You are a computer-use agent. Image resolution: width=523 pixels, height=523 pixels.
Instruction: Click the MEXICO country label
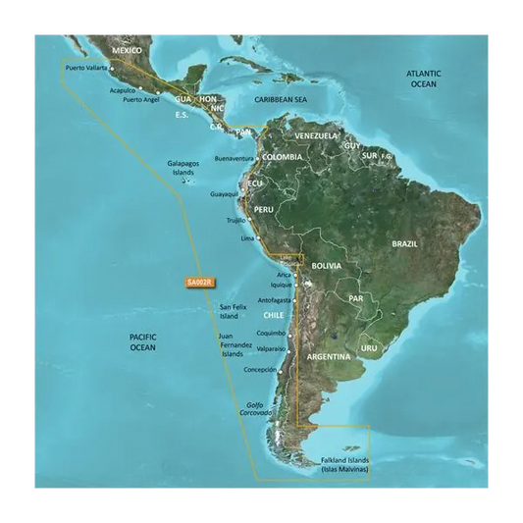[128, 50]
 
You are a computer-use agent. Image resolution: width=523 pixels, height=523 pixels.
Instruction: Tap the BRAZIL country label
[405, 243]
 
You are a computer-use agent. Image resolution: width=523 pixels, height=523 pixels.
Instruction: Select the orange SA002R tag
[199, 284]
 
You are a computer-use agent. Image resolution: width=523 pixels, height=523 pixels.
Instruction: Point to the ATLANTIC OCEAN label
[425, 79]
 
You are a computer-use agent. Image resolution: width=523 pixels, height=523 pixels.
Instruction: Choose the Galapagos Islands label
[183, 167]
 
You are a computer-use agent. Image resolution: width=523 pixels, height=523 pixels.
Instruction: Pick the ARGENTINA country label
[327, 357]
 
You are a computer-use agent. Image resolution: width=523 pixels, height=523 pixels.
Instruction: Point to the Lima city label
[248, 238]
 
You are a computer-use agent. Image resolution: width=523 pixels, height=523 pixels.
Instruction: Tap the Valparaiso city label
[270, 348]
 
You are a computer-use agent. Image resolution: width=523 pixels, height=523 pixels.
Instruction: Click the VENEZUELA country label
[316, 135]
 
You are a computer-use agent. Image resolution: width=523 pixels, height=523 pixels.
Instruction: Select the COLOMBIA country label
[283, 157]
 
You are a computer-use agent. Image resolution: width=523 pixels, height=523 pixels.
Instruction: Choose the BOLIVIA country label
[326, 266]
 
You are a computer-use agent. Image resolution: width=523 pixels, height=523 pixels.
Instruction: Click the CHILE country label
[273, 316]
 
